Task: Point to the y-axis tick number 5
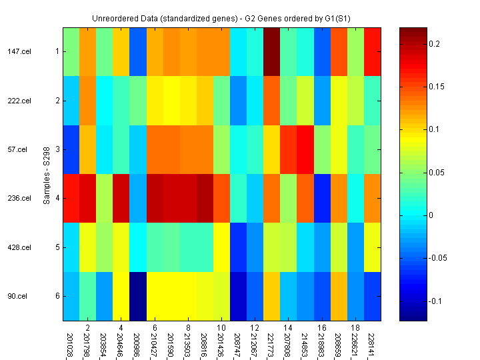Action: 57,247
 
